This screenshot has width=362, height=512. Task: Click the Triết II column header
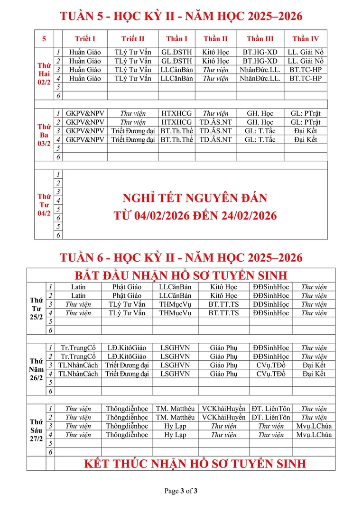(133, 39)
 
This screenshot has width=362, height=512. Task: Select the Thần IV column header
(306, 39)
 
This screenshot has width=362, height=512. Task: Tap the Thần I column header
(176, 39)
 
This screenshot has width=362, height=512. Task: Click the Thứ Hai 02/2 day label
(44, 74)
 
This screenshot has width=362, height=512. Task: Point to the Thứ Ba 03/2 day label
(44, 135)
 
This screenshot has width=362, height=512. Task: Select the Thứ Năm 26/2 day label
(36, 369)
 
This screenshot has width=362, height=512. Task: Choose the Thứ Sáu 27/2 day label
(36, 430)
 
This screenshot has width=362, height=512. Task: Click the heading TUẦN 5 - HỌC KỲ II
(181, 16)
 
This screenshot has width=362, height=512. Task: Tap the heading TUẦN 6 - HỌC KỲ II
(181, 258)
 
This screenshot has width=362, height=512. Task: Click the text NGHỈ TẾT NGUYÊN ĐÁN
(195, 198)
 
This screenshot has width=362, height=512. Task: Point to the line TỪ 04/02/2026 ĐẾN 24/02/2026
(195, 216)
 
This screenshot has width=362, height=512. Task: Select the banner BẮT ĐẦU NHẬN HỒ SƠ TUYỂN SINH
(181, 275)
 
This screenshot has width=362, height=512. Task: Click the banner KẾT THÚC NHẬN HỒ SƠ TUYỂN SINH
(195, 464)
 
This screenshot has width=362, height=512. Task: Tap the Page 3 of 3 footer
(181, 491)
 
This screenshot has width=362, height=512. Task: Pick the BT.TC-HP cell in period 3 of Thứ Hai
(306, 70)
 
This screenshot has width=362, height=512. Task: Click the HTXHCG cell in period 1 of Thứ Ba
(176, 113)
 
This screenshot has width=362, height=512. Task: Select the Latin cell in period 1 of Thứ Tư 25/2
(78, 287)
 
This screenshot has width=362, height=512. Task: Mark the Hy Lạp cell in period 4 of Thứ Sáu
(175, 435)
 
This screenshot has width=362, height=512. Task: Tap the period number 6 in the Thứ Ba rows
(58, 157)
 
